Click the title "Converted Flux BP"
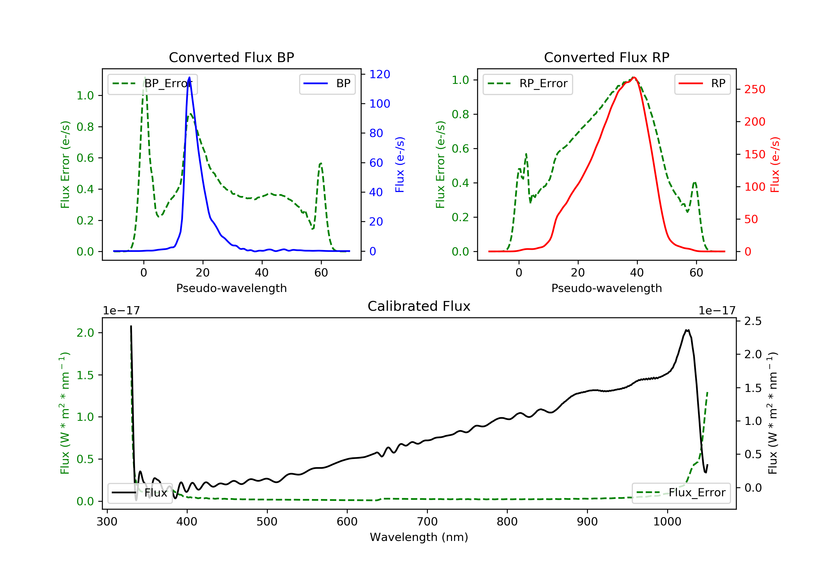[x=231, y=57]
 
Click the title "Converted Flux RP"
[x=606, y=57]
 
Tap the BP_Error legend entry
[x=152, y=84]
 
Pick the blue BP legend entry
[x=327, y=84]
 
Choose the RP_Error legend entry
[x=528, y=84]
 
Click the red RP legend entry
[x=702, y=84]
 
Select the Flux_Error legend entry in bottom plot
[x=681, y=493]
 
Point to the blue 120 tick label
[x=380, y=74]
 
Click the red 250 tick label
[x=754, y=89]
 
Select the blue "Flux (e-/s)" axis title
[x=400, y=165]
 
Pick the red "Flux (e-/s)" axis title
[x=775, y=165]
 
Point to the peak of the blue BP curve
[x=189, y=77]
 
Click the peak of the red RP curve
[x=634, y=77]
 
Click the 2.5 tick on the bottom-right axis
[x=753, y=321]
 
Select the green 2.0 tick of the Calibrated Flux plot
[x=85, y=333]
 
